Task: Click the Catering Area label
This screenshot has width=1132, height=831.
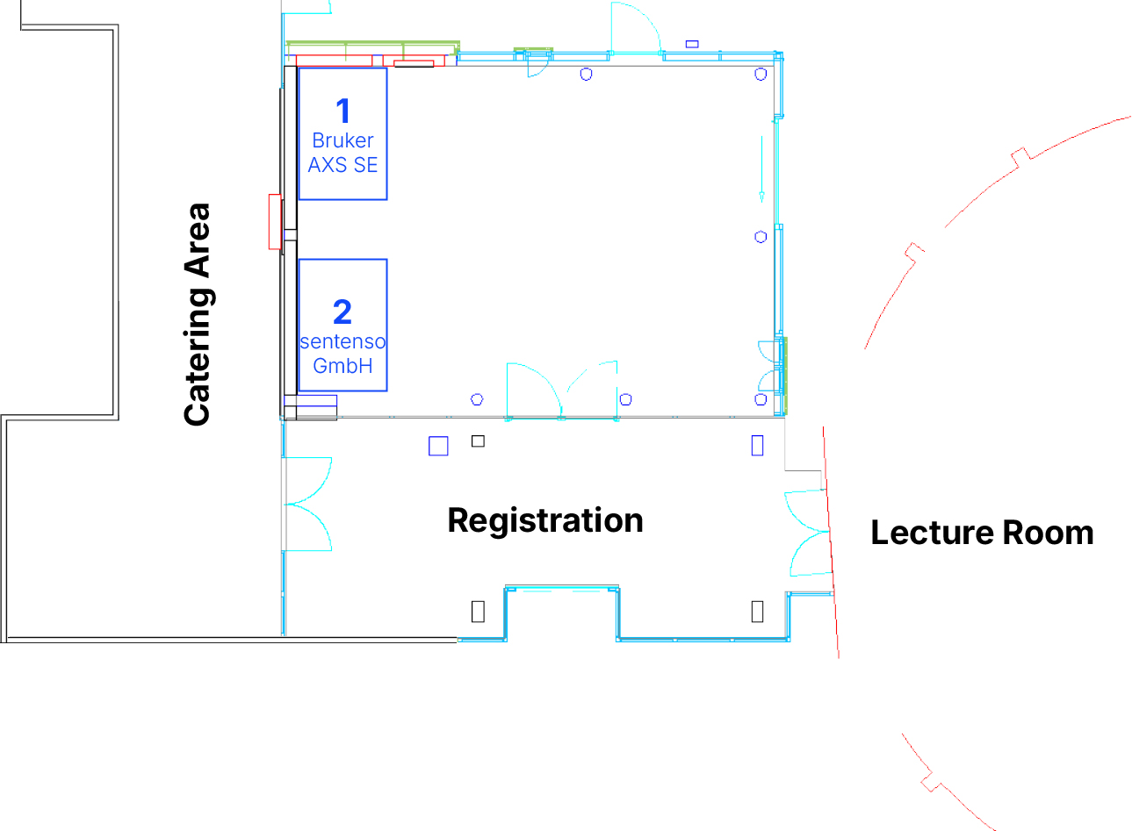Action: [x=198, y=315]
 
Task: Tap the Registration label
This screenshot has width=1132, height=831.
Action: [x=545, y=520]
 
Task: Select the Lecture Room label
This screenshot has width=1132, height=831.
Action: [x=982, y=533]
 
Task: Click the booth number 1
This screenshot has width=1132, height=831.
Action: [x=343, y=111]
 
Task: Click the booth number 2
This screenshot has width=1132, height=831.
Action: [x=342, y=312]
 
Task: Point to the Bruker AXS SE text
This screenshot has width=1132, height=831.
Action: [x=342, y=153]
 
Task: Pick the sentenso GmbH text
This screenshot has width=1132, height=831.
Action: [x=342, y=354]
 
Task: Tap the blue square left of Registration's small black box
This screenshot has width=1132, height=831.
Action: [x=438, y=446]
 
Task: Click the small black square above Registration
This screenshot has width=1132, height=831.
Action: [x=478, y=441]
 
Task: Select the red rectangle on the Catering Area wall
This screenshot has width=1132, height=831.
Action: [x=275, y=222]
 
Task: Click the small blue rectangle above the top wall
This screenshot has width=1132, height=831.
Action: [x=692, y=44]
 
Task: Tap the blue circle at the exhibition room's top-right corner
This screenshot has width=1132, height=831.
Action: [x=761, y=75]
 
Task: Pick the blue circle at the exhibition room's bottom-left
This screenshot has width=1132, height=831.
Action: [x=477, y=399]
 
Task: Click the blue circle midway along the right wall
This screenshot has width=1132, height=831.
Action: [x=761, y=237]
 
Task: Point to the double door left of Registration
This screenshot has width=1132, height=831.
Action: [x=307, y=504]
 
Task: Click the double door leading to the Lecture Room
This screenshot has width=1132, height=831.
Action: [x=808, y=533]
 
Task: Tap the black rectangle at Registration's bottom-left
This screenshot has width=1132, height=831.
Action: [x=478, y=611]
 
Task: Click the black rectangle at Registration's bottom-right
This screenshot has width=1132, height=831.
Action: [x=757, y=611]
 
